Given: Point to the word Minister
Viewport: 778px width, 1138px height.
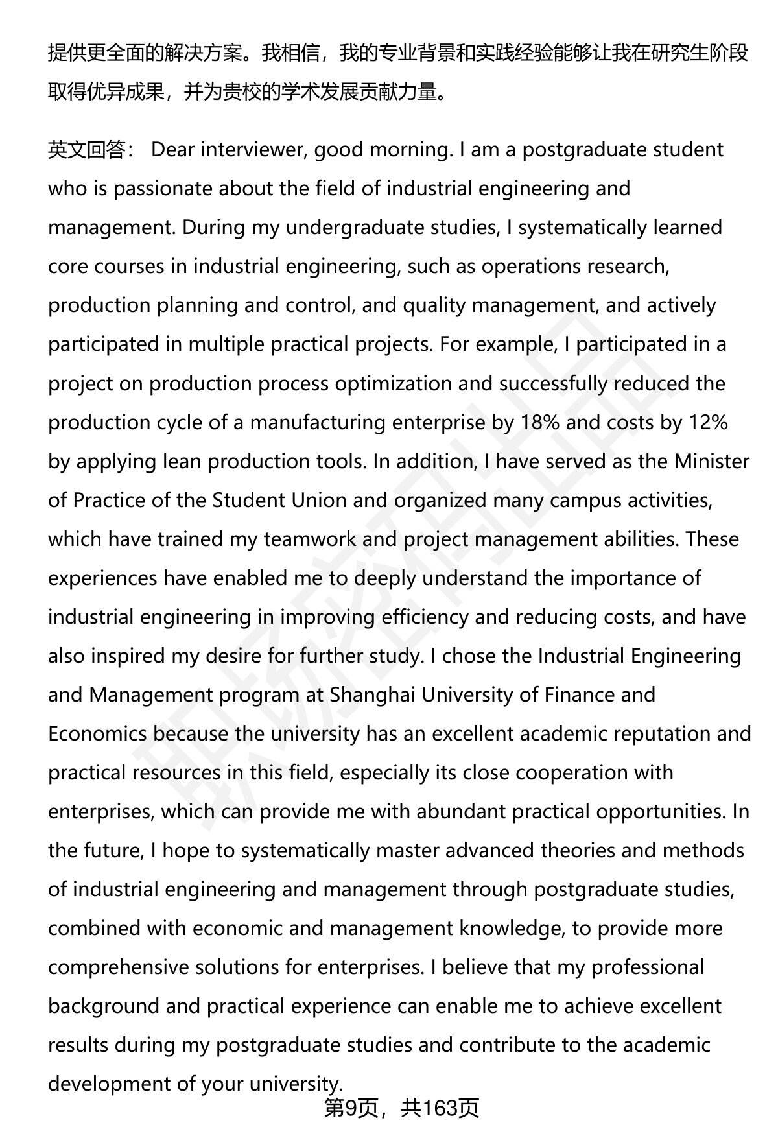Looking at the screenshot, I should tap(712, 461).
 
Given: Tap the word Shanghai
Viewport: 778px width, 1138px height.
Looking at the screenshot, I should tap(372, 695).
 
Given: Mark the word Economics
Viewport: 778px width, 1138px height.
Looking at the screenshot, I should tap(97, 733).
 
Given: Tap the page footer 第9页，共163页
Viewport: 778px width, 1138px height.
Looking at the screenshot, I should tap(401, 1108).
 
